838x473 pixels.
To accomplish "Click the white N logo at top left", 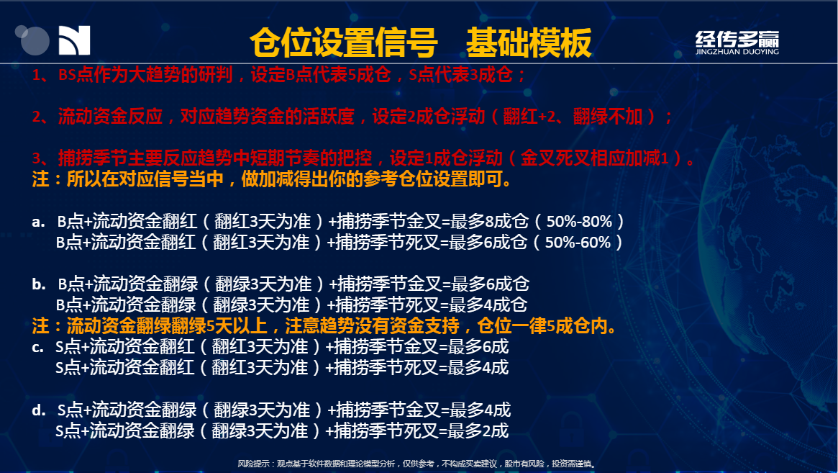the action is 74,40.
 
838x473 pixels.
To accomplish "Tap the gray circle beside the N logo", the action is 34,40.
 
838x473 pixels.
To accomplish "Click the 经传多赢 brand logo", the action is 737,42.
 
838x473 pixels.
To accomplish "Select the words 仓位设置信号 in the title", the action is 344,42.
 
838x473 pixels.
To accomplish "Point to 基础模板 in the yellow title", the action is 529,42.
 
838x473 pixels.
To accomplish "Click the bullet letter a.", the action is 38,222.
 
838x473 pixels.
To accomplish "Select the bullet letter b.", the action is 38,284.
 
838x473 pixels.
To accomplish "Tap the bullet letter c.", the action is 37,347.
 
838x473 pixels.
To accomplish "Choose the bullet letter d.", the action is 38,410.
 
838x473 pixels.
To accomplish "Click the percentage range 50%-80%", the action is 579,221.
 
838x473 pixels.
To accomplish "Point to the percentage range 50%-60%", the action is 577,242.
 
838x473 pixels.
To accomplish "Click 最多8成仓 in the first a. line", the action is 490,221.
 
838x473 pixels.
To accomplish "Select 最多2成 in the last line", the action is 478,431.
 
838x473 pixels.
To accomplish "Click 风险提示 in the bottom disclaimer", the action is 253,464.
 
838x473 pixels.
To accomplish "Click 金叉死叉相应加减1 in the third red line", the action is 594,158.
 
